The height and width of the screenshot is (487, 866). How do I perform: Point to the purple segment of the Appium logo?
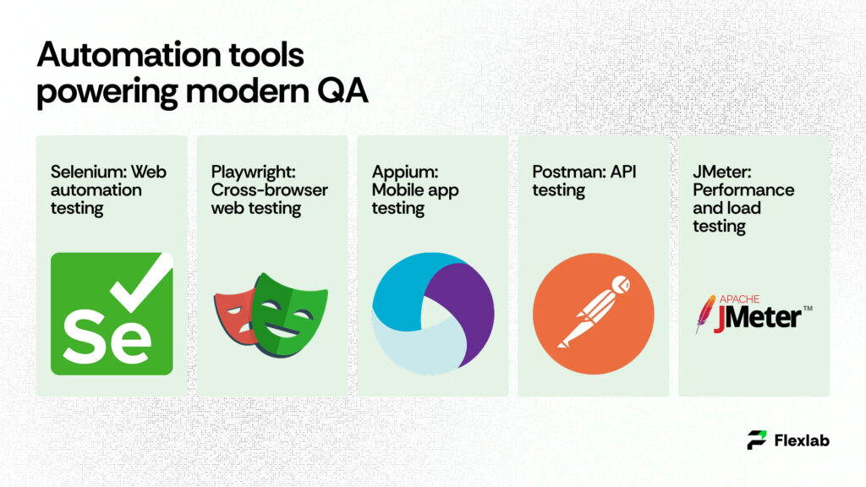469,304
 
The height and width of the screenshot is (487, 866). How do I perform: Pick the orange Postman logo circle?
593,313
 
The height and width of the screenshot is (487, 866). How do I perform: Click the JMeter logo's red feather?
702,314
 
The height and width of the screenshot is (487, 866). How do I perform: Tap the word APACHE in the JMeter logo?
739,298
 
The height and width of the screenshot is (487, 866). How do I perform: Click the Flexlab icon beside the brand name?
757,440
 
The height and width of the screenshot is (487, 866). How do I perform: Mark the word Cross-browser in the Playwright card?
269,190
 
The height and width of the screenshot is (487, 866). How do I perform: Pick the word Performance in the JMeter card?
743,190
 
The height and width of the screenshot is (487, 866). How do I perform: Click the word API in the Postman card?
622,172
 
